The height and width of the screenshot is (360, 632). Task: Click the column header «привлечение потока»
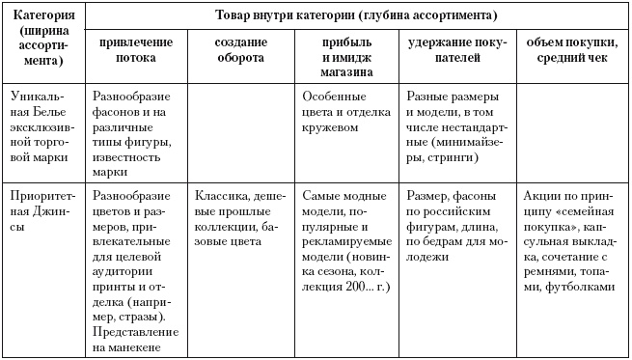pos(134,51)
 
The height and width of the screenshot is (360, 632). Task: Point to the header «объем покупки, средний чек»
pos(570,51)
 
